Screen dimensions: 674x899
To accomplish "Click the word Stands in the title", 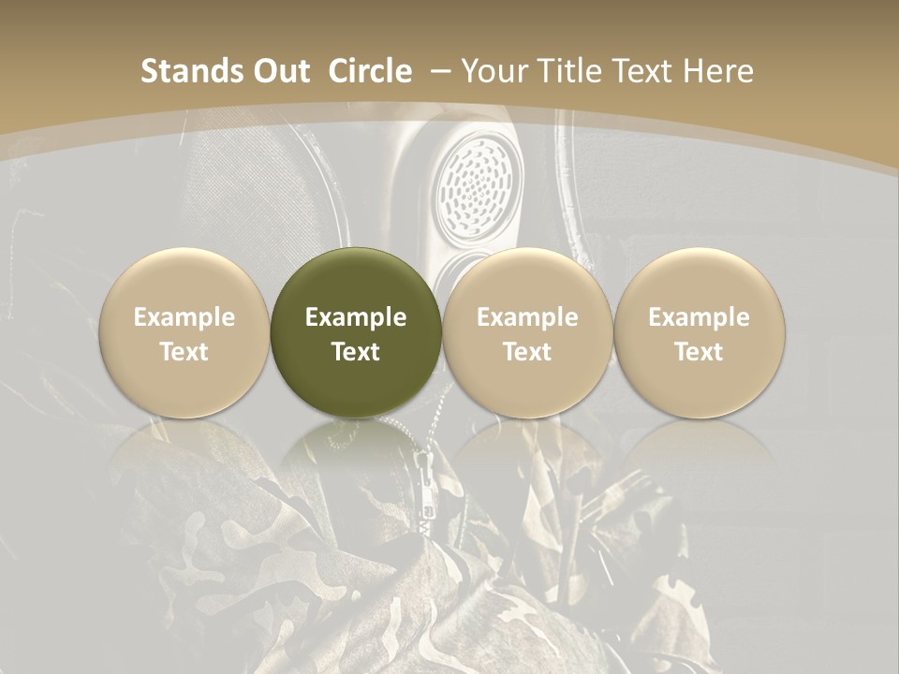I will point(192,72).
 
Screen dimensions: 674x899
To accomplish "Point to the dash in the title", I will point(441,72).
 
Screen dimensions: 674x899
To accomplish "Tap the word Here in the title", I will point(716,72).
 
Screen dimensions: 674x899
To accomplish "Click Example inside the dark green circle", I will point(356,317).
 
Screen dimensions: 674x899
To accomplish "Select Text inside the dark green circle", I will point(356,352).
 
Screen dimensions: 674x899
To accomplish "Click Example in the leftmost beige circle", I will point(184,317).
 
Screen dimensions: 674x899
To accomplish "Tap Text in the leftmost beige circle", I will point(184,352).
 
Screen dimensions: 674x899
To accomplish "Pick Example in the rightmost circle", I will point(699,317).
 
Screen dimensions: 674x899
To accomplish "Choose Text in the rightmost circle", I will point(699,352).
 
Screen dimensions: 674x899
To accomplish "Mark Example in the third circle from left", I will point(527,317).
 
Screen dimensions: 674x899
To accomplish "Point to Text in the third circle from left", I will point(527,352).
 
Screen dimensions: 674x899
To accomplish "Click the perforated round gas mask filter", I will point(478,178).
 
